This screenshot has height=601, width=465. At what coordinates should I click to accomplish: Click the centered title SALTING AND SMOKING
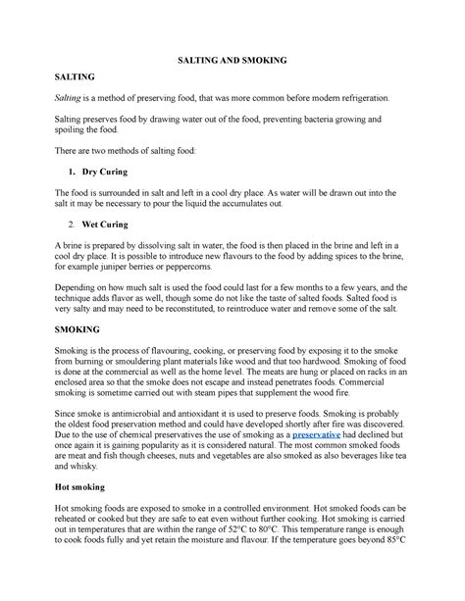232,60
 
